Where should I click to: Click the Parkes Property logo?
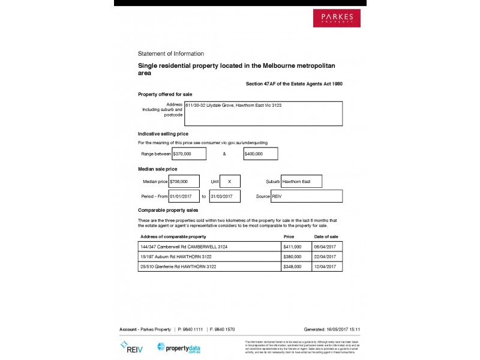click(337, 17)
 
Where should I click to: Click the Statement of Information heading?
click(171, 53)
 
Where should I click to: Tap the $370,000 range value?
click(188, 154)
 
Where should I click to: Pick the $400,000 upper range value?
click(260, 154)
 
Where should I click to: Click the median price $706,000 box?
click(184, 181)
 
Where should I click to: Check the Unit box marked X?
click(230, 181)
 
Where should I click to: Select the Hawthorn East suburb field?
click(301, 181)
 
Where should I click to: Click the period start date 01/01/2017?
click(184, 196)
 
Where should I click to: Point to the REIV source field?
click(307, 196)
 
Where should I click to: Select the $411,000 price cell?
click(296, 247)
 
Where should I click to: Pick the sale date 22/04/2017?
click(327, 257)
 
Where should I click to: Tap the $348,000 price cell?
click(296, 266)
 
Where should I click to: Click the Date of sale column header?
click(326, 237)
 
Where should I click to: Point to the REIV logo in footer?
click(131, 347)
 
